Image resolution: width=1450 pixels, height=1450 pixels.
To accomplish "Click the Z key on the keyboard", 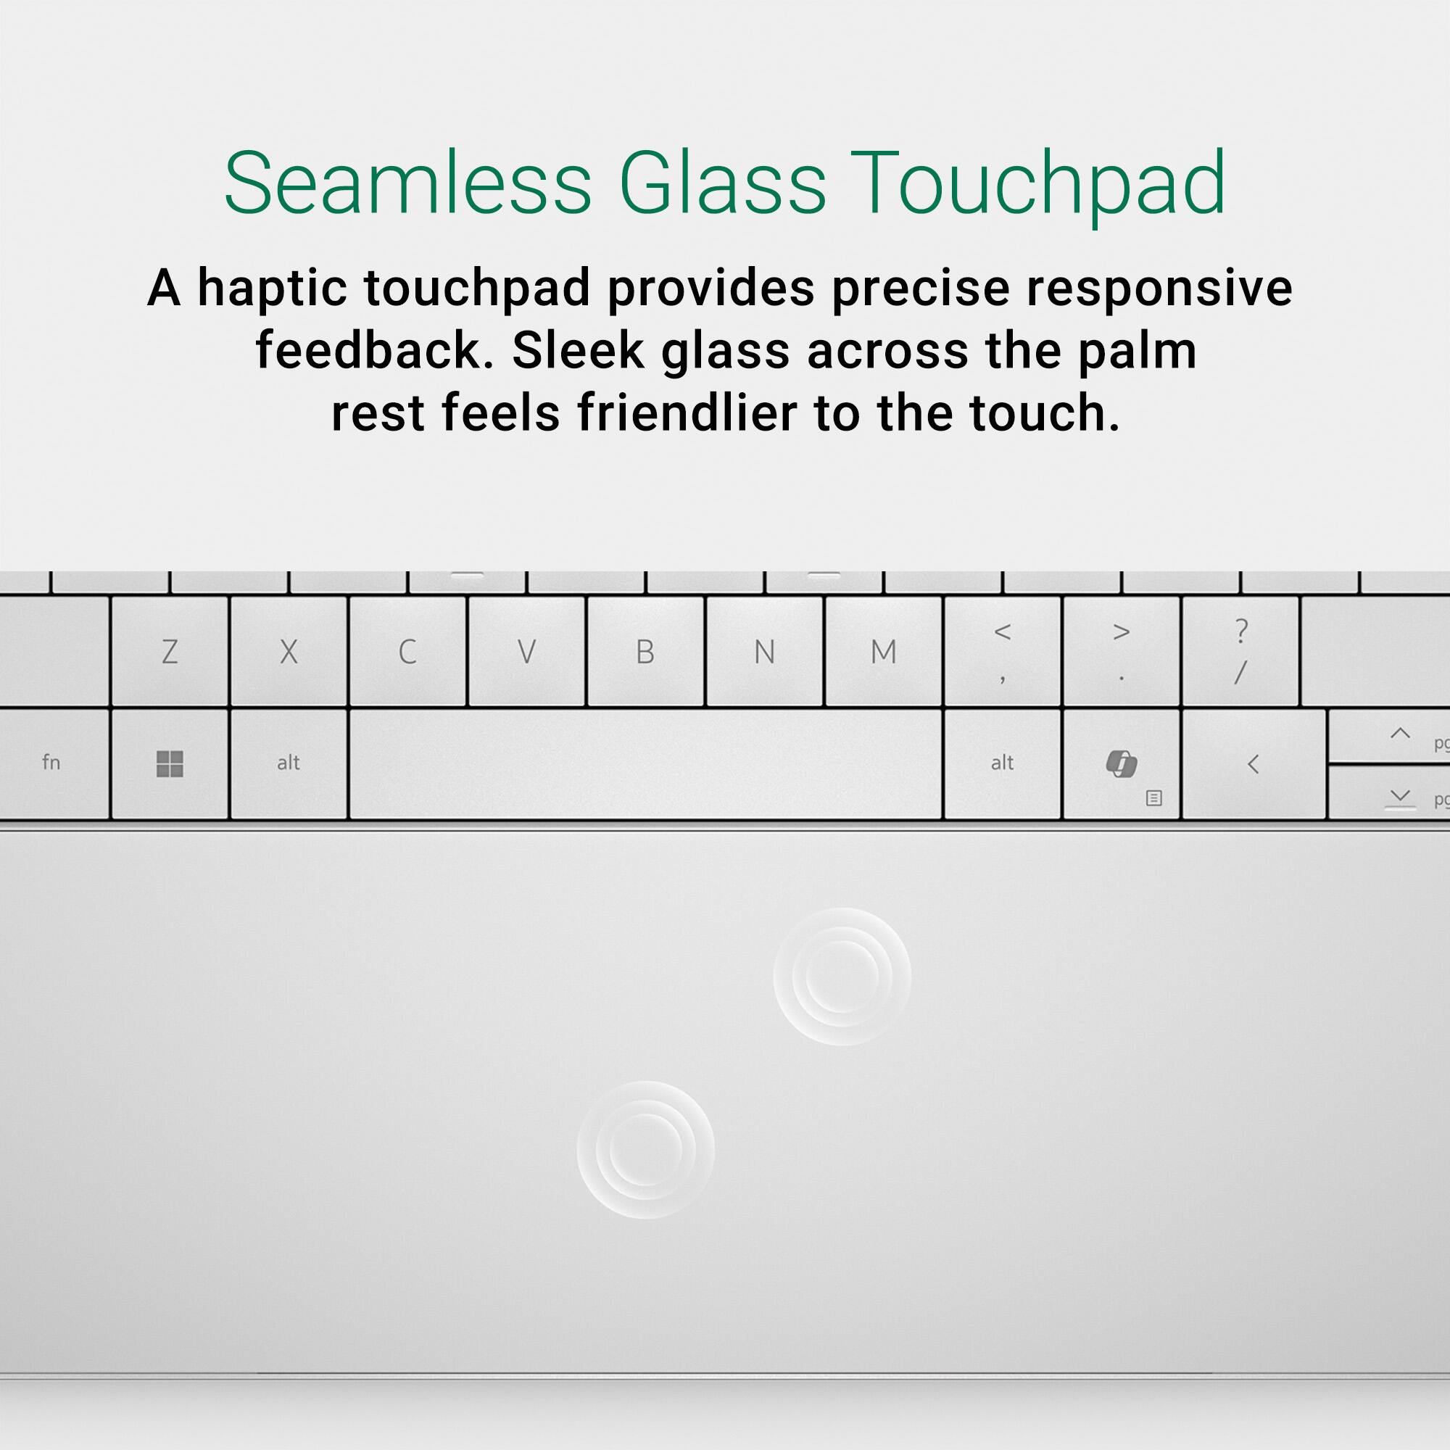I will [170, 652].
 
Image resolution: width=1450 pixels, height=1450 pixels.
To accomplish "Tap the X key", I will [289, 652].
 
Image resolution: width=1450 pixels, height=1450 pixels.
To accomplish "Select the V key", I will [527, 652].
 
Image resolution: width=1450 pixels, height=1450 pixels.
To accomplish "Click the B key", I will [645, 652].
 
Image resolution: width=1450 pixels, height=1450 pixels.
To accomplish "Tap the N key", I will [765, 652].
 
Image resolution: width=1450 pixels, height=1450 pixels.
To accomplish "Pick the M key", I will [883, 652].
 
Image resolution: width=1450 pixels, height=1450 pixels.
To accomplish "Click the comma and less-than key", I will [1002, 652].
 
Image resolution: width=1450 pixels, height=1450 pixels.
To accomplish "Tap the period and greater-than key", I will [1122, 652].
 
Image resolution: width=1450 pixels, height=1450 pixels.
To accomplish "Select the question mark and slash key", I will [1240, 652].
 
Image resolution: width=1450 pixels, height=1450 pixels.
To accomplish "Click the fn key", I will [51, 763].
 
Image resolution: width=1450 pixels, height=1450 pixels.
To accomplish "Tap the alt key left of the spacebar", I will [289, 763].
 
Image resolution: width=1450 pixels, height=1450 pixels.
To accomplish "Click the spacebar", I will [645, 763].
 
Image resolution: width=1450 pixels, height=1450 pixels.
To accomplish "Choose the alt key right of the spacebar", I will [1002, 763].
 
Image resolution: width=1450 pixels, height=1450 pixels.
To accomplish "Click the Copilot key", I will [1122, 763].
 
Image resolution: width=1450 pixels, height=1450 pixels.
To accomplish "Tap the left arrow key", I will [1253, 763].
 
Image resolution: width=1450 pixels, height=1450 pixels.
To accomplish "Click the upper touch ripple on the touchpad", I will [842, 977].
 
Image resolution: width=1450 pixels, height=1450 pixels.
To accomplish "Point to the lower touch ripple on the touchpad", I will [645, 1149].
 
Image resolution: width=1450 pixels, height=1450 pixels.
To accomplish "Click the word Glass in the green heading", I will [722, 184].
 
